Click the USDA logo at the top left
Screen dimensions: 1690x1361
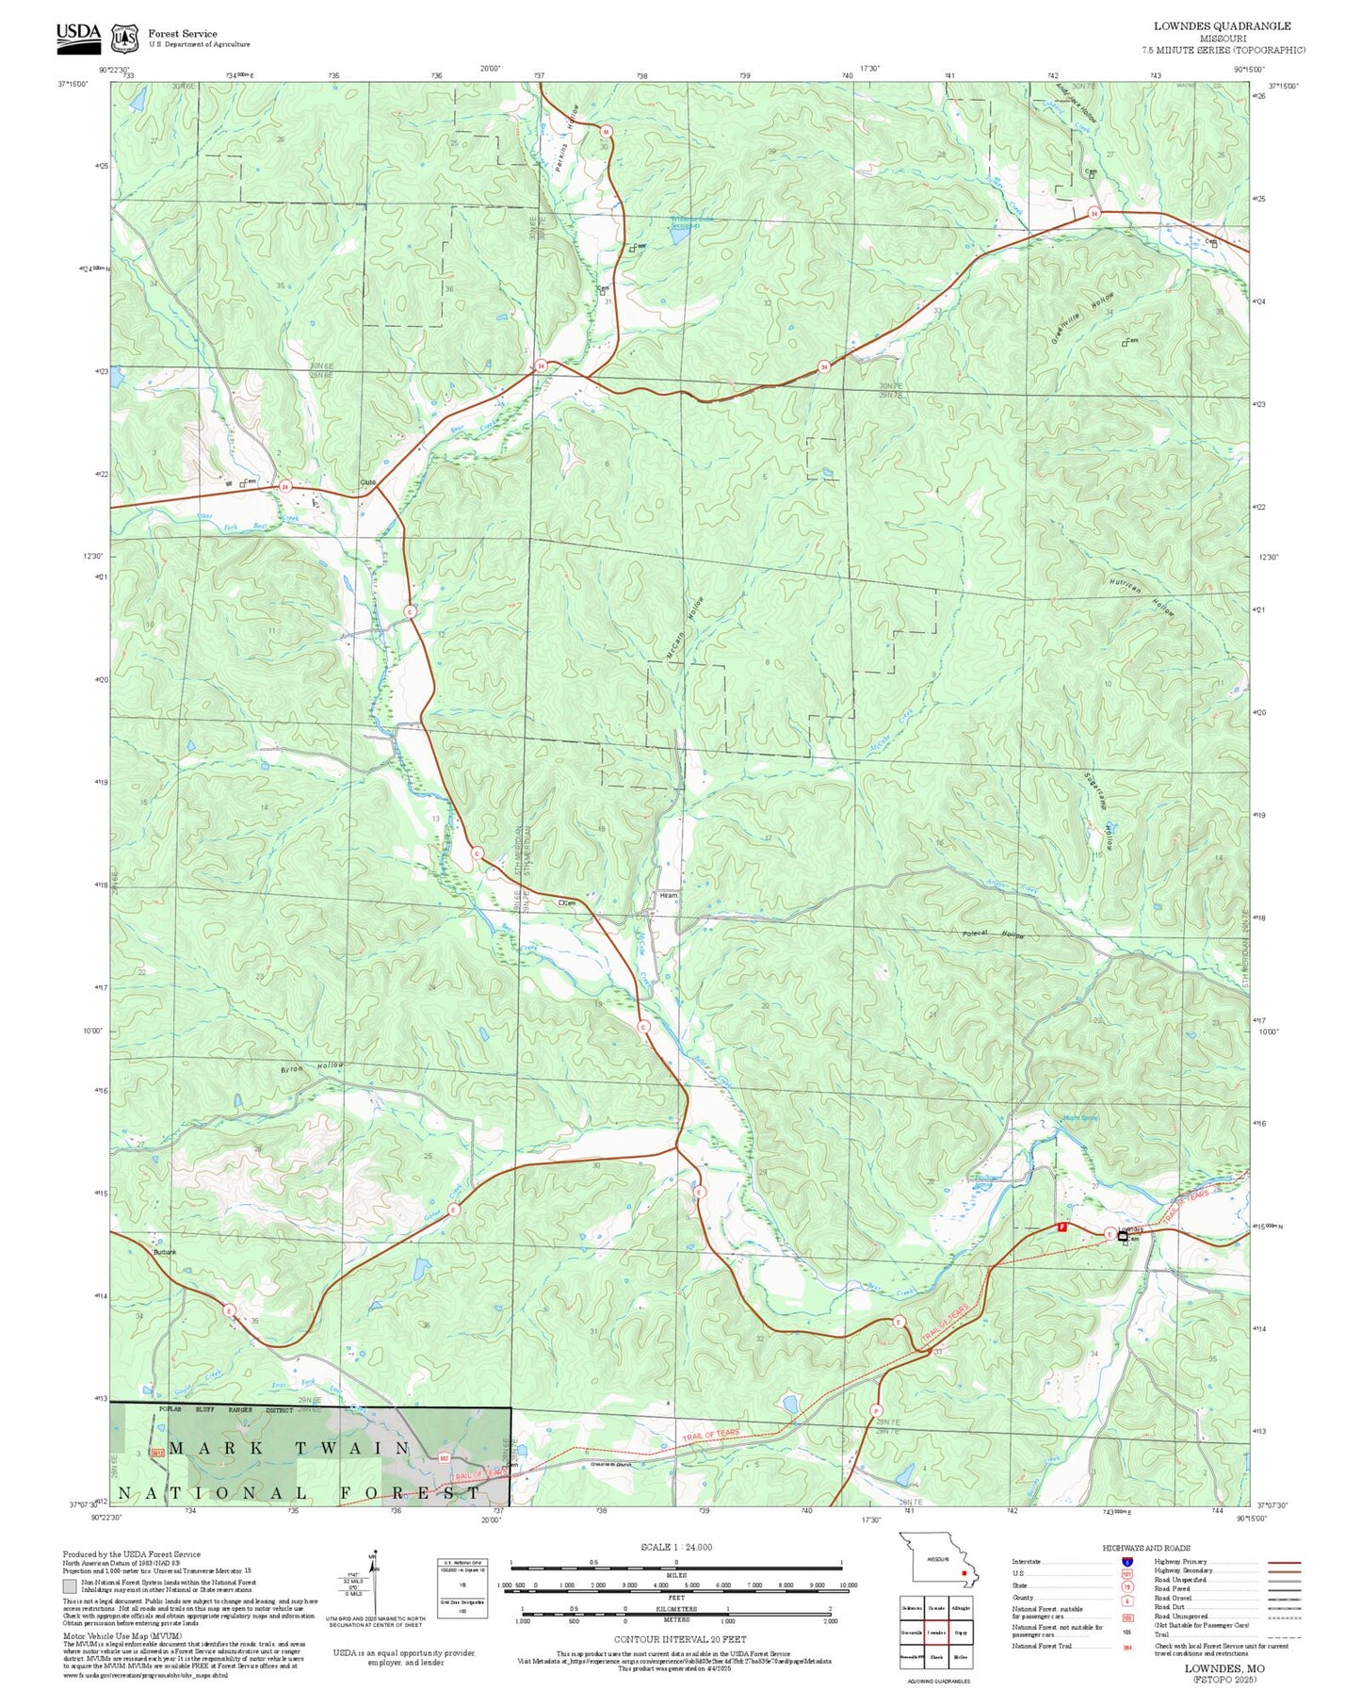click(77, 35)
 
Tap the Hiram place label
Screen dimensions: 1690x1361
click(668, 896)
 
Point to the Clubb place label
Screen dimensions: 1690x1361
click(368, 483)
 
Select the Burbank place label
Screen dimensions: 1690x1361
click(165, 1252)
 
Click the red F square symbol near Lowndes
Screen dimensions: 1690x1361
click(1061, 1227)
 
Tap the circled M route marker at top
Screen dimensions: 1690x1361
click(607, 132)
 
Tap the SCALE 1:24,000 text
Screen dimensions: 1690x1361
click(676, 1547)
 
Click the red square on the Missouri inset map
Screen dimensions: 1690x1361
click(964, 1572)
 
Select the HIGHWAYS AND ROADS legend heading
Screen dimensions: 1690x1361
click(1145, 1548)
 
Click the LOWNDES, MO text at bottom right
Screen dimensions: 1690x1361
click(1224, 1668)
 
